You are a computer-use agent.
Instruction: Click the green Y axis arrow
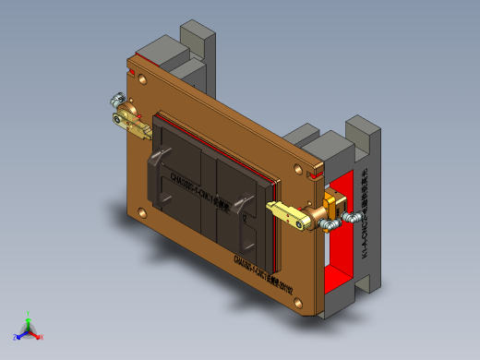29,317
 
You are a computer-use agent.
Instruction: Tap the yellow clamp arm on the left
136,126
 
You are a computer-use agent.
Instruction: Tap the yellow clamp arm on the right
287,213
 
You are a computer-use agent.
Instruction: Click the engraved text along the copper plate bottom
264,260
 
